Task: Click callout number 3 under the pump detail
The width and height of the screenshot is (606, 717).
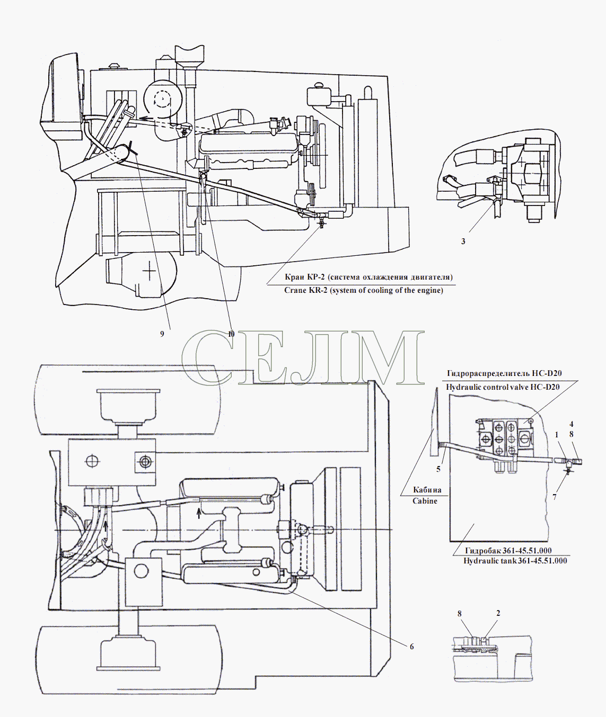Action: click(463, 241)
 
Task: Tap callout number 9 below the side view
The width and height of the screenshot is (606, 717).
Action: click(162, 334)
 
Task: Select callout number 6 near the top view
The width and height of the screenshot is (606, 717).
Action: click(411, 647)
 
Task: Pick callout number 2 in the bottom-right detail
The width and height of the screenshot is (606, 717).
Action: click(498, 613)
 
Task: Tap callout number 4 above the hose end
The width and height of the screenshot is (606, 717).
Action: click(571, 424)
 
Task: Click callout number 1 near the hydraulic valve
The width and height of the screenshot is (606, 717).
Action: click(557, 435)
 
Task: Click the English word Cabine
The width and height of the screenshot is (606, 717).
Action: click(425, 501)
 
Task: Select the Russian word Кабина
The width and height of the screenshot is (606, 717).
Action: click(427, 490)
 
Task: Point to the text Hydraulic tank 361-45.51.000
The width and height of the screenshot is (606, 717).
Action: click(515, 561)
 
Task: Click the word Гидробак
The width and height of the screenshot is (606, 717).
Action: click(483, 550)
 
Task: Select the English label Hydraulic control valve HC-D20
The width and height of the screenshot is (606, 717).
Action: click(503, 387)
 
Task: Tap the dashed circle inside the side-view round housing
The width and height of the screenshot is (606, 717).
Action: click(162, 100)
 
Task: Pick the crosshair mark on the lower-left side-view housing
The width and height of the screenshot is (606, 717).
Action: click(150, 270)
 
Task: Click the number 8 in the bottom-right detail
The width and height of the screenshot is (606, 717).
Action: click(460, 614)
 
